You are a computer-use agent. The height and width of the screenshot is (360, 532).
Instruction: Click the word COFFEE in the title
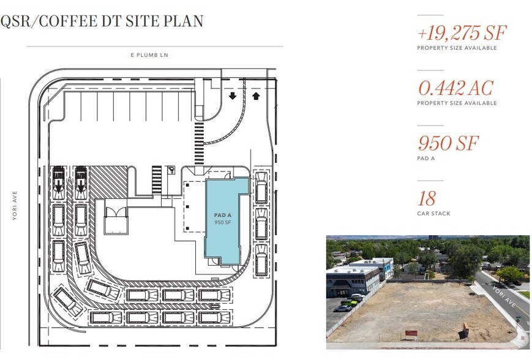[67, 21]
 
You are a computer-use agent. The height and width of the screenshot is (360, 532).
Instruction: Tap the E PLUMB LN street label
[149, 55]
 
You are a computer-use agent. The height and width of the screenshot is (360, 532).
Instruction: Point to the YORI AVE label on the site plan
[15, 206]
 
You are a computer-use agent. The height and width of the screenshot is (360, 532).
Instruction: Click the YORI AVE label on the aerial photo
[504, 296]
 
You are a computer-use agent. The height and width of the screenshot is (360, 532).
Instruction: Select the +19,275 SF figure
[462, 32]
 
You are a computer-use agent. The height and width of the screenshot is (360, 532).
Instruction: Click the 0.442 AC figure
[455, 88]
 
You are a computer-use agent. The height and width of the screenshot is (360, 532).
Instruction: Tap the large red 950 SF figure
[448, 143]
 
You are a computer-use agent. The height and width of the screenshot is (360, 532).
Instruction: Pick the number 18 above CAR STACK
[427, 198]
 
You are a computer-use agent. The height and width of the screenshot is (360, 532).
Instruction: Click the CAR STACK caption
[433, 214]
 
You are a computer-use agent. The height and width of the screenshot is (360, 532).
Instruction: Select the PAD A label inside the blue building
[223, 215]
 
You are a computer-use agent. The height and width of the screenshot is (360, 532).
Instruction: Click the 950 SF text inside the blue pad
[223, 222]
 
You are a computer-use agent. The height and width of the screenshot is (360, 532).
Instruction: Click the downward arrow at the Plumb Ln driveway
[233, 96]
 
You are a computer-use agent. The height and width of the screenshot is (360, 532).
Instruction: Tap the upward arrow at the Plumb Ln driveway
[256, 96]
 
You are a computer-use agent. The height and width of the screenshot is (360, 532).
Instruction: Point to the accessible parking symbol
[171, 170]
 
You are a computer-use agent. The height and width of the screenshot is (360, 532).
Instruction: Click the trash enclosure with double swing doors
[116, 220]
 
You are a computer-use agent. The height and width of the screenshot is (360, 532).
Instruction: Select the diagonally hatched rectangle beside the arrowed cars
[108, 182]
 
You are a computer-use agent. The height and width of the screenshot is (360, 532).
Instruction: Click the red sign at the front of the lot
[411, 333]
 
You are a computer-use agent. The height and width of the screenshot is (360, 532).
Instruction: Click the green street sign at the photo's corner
[518, 319]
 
